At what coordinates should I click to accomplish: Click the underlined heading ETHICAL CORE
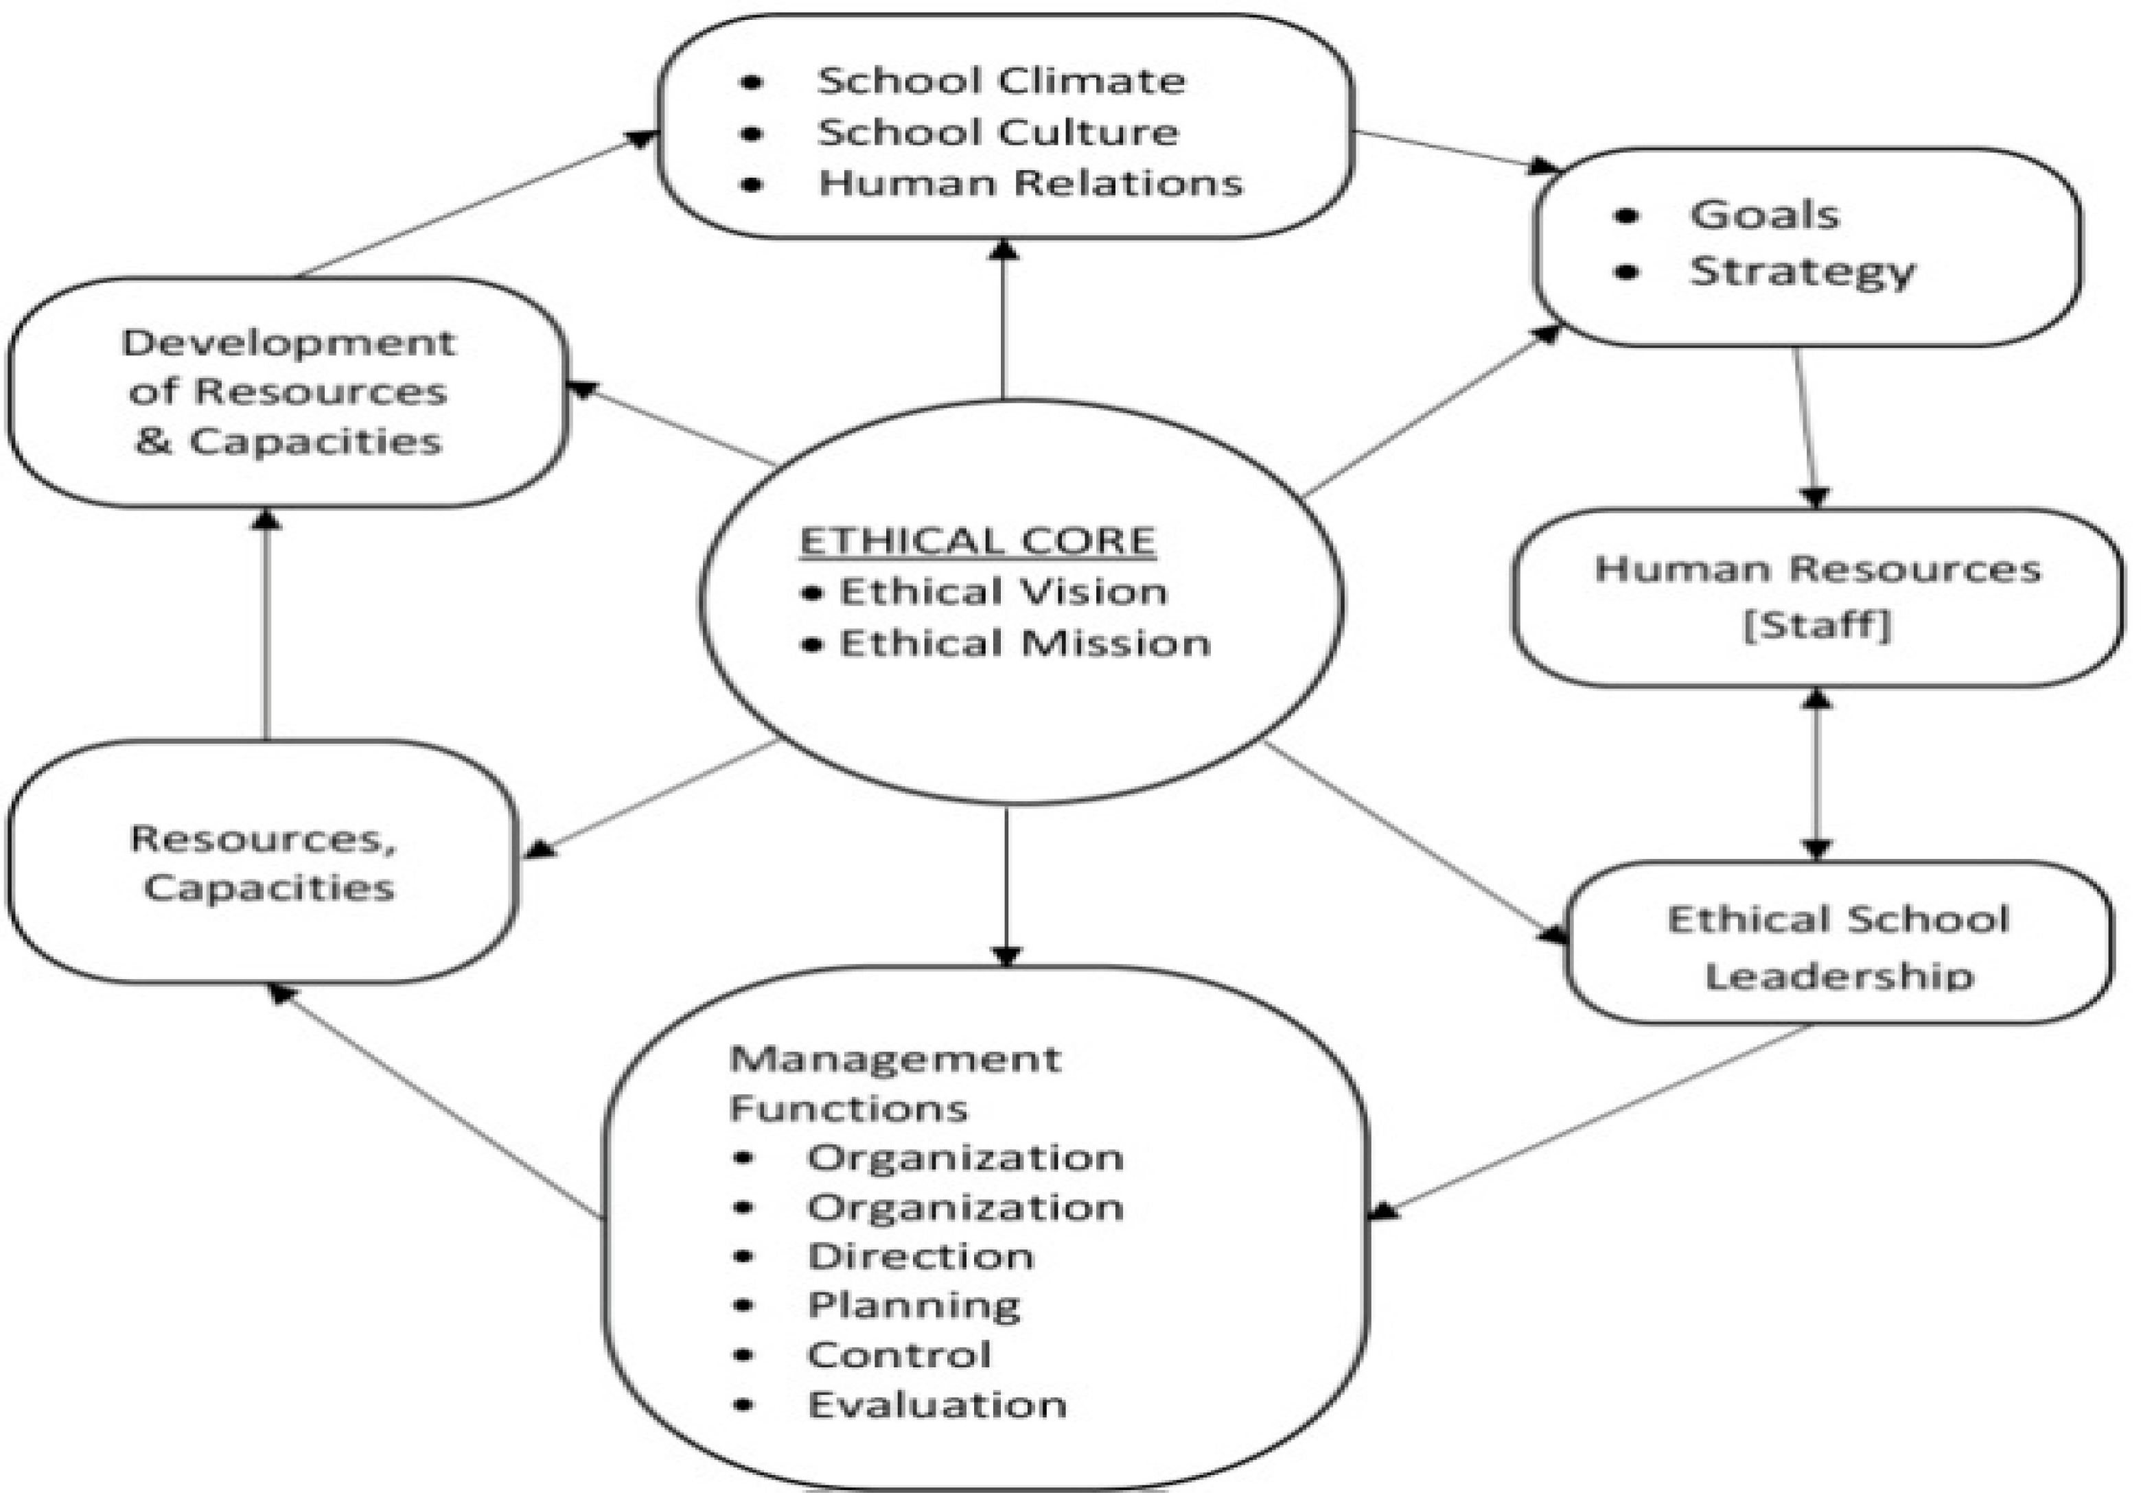click(977, 541)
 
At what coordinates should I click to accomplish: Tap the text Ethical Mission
click(1024, 643)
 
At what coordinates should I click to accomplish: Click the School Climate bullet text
click(1001, 81)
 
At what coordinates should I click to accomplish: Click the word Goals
click(1764, 215)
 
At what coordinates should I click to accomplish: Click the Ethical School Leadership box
click(1837, 944)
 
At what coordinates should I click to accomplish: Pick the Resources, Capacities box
click(263, 862)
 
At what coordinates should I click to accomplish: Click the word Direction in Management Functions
click(921, 1256)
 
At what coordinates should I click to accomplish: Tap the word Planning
click(914, 1306)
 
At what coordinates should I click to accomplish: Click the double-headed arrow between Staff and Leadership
click(1816, 774)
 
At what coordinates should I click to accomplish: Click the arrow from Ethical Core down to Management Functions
click(1005, 886)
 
